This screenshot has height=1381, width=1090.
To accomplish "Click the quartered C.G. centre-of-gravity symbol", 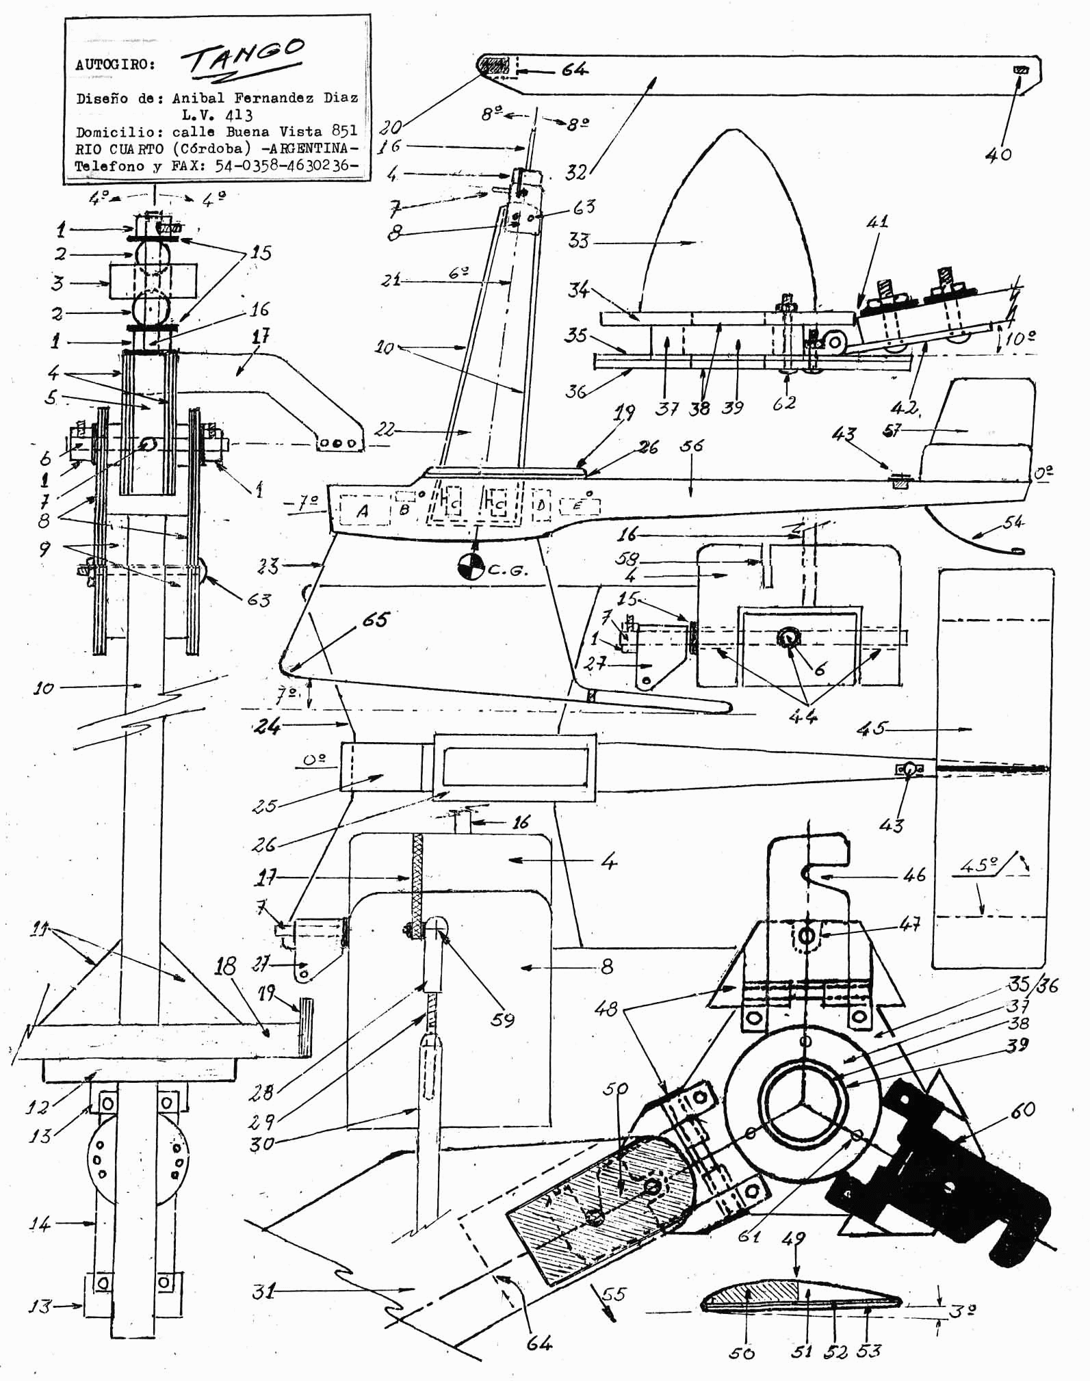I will click(x=471, y=566).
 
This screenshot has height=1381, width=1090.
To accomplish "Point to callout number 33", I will click(x=579, y=241).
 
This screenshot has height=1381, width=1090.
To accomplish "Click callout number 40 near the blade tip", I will click(x=998, y=155).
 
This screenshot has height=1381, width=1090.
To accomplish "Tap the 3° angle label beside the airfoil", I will click(x=961, y=1311).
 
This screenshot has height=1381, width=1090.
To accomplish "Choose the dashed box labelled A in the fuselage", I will click(x=363, y=510).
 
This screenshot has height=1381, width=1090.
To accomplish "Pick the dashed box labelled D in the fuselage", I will click(x=541, y=505).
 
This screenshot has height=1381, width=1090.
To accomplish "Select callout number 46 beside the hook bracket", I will click(x=915, y=874).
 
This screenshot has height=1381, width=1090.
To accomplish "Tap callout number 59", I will click(x=503, y=1018).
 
